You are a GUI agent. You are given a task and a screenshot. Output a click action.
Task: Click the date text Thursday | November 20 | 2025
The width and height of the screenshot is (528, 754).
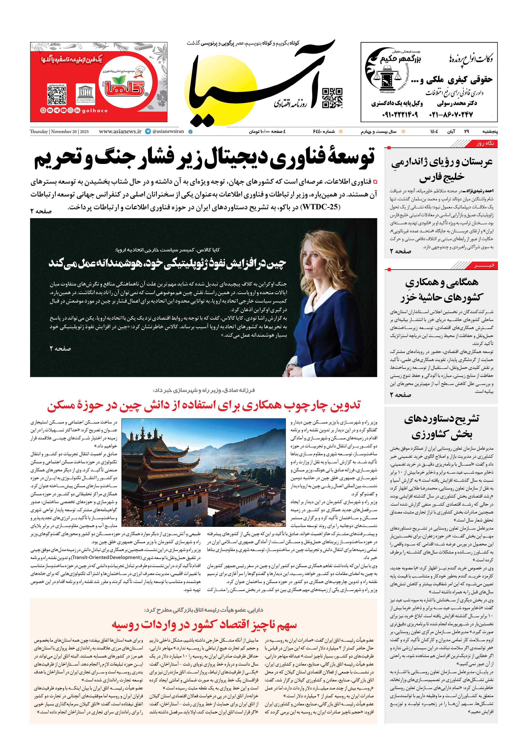59,132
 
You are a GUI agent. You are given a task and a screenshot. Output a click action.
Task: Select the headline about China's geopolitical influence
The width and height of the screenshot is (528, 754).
168,263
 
